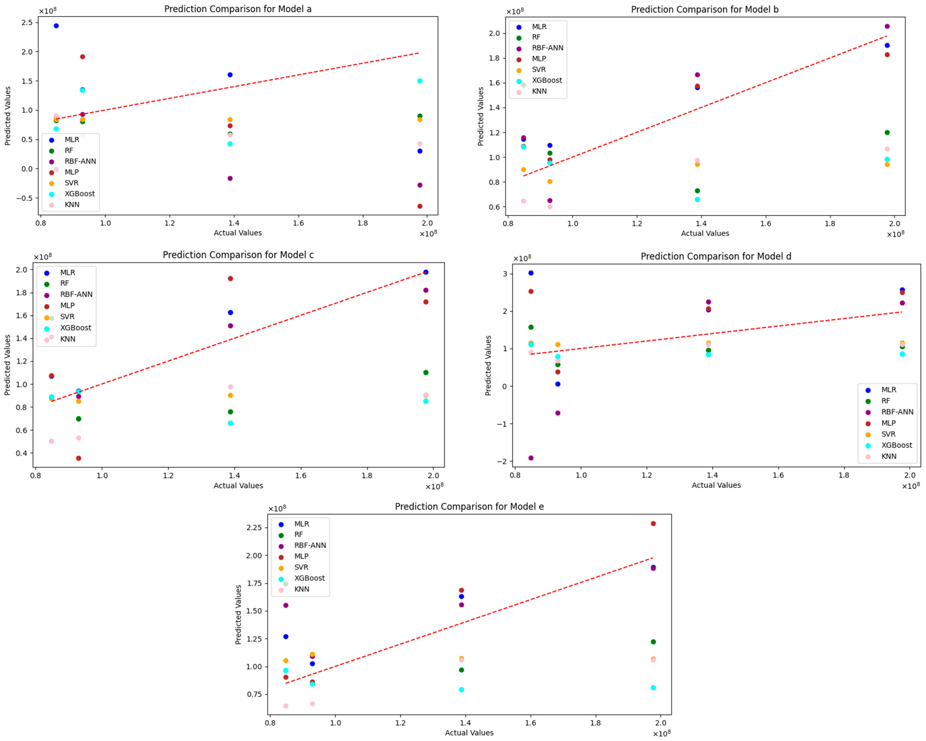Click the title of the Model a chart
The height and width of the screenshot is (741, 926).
tap(238, 9)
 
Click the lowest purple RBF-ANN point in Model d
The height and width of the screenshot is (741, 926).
tap(531, 458)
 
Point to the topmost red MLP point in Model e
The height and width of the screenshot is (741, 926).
tap(653, 523)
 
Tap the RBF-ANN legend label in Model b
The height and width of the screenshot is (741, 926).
tap(547, 48)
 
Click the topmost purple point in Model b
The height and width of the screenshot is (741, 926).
tap(887, 26)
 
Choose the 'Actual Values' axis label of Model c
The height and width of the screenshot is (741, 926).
tap(238, 485)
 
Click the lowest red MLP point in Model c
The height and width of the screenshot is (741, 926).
tap(79, 458)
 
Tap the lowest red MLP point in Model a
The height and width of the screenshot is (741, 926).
tap(420, 206)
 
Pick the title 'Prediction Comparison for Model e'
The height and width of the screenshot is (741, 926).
tap(469, 507)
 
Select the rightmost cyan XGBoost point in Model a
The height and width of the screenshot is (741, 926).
tap(420, 81)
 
